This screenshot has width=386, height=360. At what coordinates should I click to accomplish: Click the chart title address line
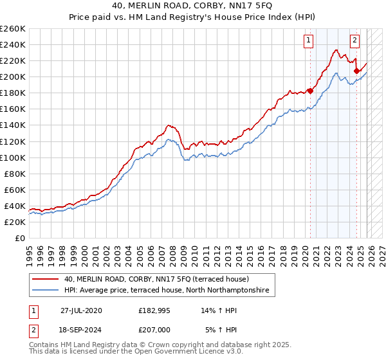point(192,6)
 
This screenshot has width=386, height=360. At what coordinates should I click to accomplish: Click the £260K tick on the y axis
point(12,29)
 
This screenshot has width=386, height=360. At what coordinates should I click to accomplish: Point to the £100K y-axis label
point(12,157)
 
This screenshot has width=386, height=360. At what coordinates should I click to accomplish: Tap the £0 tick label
point(19,238)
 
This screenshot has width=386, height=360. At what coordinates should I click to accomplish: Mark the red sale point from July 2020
point(310,91)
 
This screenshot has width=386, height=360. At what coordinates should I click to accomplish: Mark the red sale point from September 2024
point(356,71)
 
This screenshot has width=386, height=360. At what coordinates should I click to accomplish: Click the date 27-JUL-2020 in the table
point(81,310)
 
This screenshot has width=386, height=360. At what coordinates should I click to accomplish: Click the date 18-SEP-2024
point(81,330)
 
